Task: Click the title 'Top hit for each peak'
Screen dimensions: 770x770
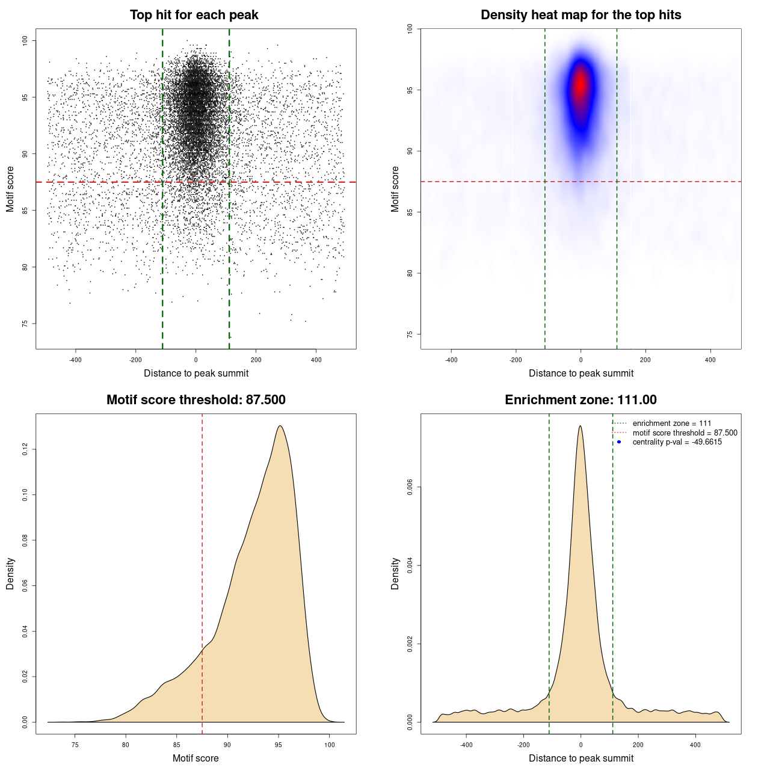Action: tap(194, 15)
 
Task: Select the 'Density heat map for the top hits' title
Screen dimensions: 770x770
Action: tap(581, 15)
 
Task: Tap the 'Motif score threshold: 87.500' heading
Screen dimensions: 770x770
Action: tap(196, 400)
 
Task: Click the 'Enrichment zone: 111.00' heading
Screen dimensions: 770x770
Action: tap(581, 400)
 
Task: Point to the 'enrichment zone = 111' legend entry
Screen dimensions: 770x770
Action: tap(671, 423)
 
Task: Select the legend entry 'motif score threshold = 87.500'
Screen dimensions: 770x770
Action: tap(685, 433)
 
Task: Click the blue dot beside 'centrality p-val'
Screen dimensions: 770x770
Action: tap(619, 442)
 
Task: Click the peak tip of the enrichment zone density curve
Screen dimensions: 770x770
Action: tap(580, 426)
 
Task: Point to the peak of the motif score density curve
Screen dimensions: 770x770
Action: tap(280, 426)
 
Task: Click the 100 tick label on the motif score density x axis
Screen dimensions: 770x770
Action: tap(329, 745)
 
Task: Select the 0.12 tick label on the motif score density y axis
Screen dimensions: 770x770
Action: tap(25, 449)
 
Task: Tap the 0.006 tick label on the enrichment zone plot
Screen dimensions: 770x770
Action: tap(410, 487)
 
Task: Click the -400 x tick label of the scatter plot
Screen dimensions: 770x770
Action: tap(75, 360)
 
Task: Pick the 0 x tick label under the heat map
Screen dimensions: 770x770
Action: tap(581, 360)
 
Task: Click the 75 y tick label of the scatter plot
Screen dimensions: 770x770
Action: tap(25, 324)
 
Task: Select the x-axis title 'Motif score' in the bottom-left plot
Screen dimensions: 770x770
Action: tap(196, 758)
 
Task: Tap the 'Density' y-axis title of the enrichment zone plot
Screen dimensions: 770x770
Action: tap(395, 573)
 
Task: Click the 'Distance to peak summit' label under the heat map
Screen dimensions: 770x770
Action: tap(581, 373)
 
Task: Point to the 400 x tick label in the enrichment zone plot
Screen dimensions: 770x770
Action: tap(695, 745)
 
